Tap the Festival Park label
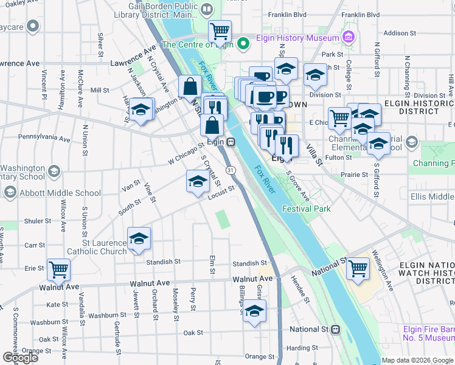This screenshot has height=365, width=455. pos(306,209)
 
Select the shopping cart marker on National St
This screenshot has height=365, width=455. pos(358,267)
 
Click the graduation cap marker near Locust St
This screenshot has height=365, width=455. pos(197,182)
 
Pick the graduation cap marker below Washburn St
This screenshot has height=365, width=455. pos(254,312)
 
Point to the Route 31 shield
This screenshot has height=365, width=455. pos(230,171)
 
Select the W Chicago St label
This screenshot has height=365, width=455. pos(186,153)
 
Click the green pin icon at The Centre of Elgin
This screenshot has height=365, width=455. pos(243,44)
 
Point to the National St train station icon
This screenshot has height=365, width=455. pos(335,329)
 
